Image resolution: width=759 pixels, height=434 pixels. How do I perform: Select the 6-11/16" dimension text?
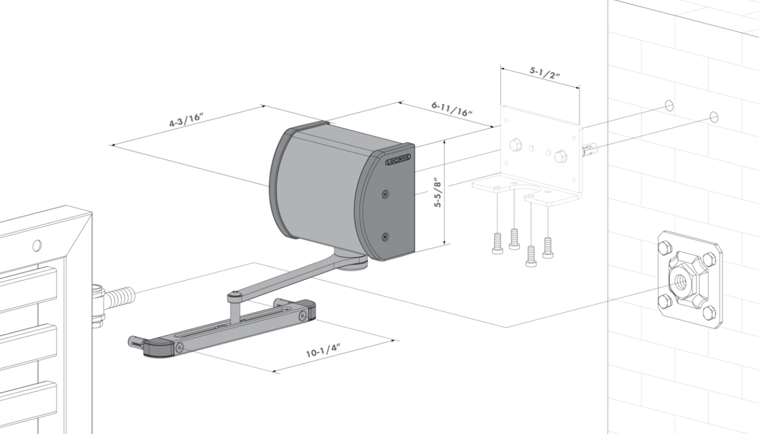tap(451, 109)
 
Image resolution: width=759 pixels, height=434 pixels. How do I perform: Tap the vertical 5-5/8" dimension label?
tap(438, 192)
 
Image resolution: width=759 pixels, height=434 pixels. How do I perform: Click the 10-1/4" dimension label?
tap(323, 350)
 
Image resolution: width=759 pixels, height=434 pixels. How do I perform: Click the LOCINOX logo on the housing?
tap(398, 159)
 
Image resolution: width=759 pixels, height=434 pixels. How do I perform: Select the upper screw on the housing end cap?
tap(385, 194)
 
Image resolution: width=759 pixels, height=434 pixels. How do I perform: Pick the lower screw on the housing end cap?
tap(385, 236)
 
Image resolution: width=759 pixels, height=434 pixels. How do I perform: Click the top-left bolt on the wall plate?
tap(664, 248)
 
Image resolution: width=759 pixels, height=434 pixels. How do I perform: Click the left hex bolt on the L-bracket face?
tap(516, 145)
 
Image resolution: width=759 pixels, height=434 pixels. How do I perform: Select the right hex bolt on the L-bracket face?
tap(561, 156)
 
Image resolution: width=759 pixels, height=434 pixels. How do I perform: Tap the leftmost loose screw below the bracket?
tap(497, 243)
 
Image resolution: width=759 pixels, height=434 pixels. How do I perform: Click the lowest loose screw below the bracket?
tap(531, 256)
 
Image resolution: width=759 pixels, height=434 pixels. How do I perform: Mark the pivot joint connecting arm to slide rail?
tap(233, 296)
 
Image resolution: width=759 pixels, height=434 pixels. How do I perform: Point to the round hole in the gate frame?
tap(37, 245)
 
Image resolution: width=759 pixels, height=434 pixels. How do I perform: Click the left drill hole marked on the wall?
tap(669, 105)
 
